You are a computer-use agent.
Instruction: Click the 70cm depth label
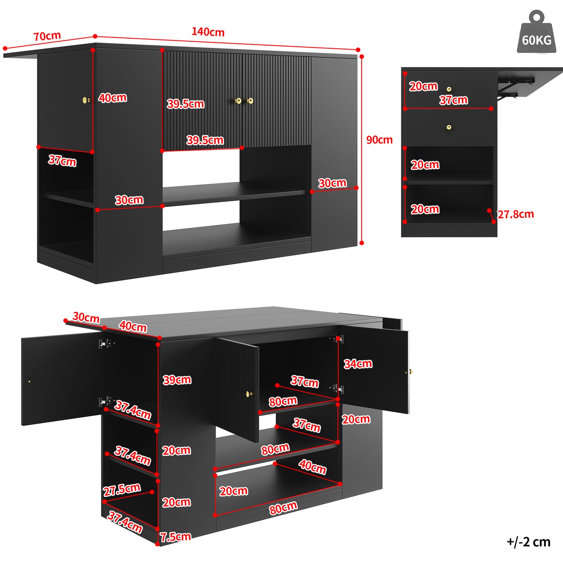click(47, 36)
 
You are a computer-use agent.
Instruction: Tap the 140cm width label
click(208, 32)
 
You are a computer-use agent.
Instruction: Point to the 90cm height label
click(379, 140)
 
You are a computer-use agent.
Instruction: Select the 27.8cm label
click(515, 214)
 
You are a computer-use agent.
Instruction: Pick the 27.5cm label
click(122, 489)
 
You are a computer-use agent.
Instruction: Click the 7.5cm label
click(175, 537)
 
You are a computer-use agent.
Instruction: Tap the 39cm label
click(177, 380)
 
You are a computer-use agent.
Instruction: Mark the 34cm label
click(358, 364)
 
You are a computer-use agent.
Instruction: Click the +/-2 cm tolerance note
click(528, 542)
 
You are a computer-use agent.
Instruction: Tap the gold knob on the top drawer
click(449, 89)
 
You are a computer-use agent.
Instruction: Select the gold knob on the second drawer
click(449, 127)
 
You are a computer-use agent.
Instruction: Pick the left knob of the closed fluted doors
click(238, 101)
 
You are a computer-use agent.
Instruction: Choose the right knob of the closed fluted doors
click(250, 101)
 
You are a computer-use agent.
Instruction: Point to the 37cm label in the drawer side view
click(453, 100)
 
